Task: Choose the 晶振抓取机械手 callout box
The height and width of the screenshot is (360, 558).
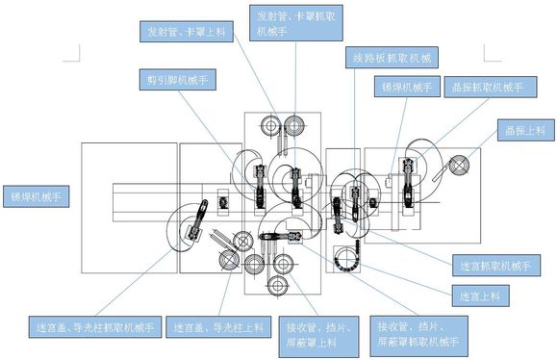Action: pos(485,88)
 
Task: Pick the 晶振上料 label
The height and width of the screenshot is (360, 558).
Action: pos(526,129)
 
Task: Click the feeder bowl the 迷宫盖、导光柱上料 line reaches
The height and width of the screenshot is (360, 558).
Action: pos(231,262)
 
